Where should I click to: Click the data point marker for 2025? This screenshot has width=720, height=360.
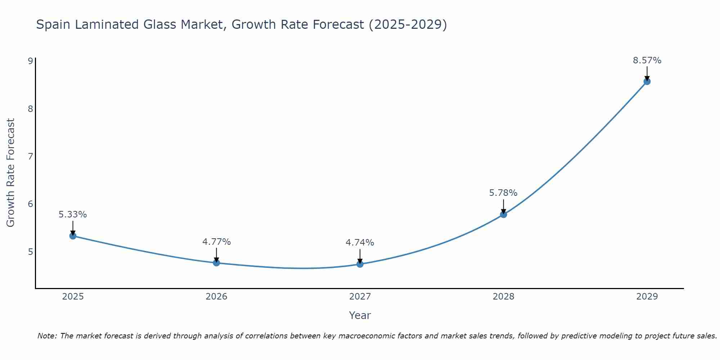pyautogui.click(x=73, y=236)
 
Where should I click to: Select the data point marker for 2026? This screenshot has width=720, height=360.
pyautogui.click(x=216, y=263)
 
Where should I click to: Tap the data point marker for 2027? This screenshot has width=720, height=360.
pyautogui.click(x=360, y=264)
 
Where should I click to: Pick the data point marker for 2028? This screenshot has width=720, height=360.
pyautogui.click(x=503, y=215)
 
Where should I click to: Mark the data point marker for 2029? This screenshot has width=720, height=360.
pyautogui.click(x=647, y=81)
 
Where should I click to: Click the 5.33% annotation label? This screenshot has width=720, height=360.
pyautogui.click(x=73, y=215)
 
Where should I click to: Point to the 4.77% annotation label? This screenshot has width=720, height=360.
pyautogui.click(x=216, y=242)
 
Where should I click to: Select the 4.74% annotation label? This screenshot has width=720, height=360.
pyautogui.click(x=360, y=243)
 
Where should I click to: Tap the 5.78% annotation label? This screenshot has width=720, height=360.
pyautogui.click(x=503, y=193)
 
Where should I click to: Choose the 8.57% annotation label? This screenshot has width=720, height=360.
pyautogui.click(x=647, y=60)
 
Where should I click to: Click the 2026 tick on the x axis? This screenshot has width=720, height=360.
pyautogui.click(x=216, y=297)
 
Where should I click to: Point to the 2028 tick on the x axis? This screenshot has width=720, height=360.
pyautogui.click(x=503, y=297)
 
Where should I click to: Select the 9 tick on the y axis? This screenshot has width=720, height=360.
pyautogui.click(x=30, y=61)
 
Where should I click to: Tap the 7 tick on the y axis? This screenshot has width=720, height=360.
pyautogui.click(x=30, y=156)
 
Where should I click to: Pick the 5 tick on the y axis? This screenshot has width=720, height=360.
pyautogui.click(x=30, y=252)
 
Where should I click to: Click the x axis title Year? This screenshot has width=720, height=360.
pyautogui.click(x=360, y=315)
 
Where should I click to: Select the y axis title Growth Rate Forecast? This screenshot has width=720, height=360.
pyautogui.click(x=11, y=173)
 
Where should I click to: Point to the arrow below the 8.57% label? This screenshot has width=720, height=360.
pyautogui.click(x=647, y=73)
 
